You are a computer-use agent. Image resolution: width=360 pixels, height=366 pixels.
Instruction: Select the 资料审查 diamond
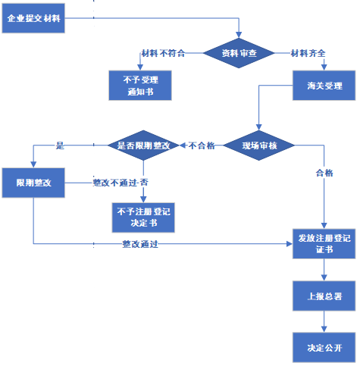[x=239, y=53]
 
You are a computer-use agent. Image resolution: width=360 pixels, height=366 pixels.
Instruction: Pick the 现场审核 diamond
[x=259, y=144]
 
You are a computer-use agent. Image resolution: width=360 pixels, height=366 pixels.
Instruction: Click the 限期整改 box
[x=33, y=184]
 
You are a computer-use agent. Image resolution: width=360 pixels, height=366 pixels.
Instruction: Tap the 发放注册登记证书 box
[x=324, y=243]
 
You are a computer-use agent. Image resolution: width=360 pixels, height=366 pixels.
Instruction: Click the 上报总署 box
[x=324, y=296]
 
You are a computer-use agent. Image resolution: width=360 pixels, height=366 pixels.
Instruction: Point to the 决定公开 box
[x=324, y=347]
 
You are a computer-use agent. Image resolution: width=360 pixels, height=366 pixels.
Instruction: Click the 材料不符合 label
[x=159, y=53]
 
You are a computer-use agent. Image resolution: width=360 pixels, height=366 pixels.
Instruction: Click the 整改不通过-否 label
[x=120, y=183]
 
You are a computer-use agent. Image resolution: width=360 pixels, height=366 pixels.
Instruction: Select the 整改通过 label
[x=140, y=244]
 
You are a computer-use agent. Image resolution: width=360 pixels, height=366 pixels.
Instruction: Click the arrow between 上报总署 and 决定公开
[x=324, y=321]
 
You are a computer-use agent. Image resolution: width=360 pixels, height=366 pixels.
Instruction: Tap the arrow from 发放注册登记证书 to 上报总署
[x=324, y=270]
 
